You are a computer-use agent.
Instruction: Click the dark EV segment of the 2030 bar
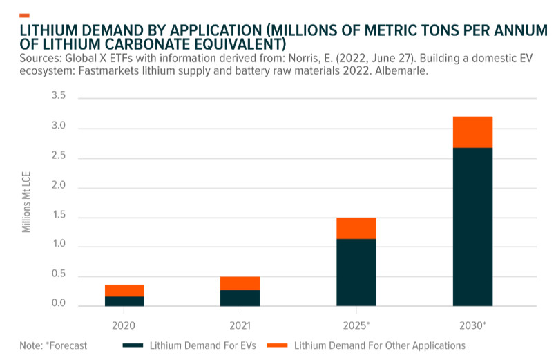click(x=472, y=227)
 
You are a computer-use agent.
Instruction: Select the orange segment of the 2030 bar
click(x=472, y=132)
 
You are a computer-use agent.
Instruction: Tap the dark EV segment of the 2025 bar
click(x=356, y=272)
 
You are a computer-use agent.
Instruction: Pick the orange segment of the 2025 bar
click(x=356, y=228)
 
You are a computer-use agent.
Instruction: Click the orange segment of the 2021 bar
click(x=240, y=283)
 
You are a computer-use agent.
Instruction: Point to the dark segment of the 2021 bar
click(x=240, y=298)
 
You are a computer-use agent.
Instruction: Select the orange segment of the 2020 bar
click(x=124, y=290)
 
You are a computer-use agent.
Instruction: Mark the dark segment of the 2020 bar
click(x=124, y=301)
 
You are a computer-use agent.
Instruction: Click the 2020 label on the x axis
click(x=124, y=324)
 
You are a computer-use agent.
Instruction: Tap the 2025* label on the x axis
click(x=356, y=324)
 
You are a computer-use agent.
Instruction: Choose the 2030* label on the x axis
click(x=472, y=324)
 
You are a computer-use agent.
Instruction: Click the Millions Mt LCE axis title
click(x=27, y=200)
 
